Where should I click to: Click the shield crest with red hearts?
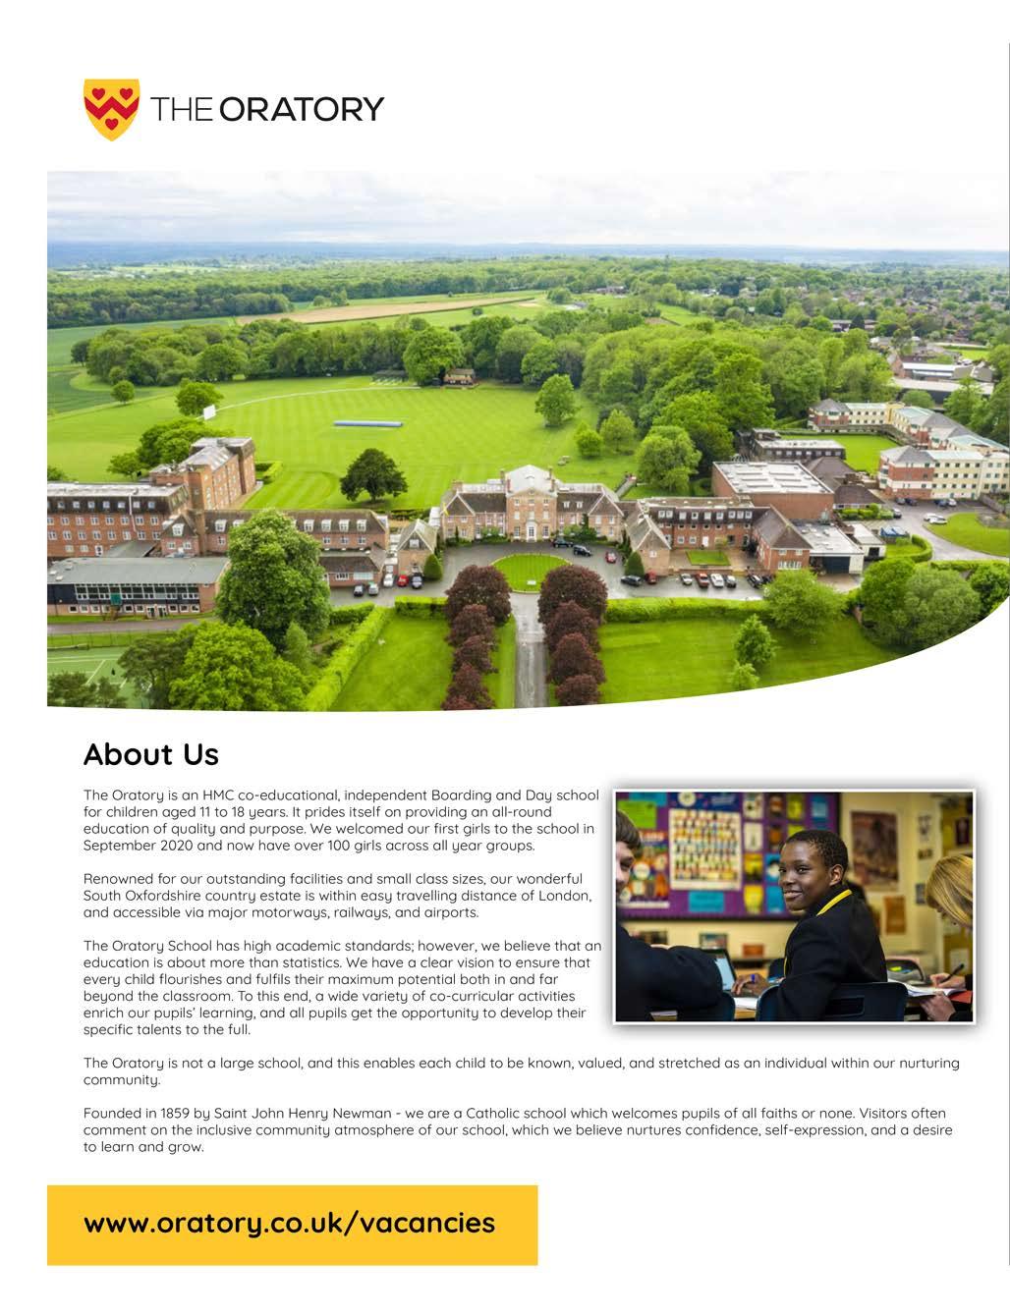111,108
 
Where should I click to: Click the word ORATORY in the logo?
301,109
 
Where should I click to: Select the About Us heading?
151,754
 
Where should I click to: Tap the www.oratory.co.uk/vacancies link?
289,1224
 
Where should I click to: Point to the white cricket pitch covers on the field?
367,422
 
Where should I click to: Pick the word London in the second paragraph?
563,896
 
